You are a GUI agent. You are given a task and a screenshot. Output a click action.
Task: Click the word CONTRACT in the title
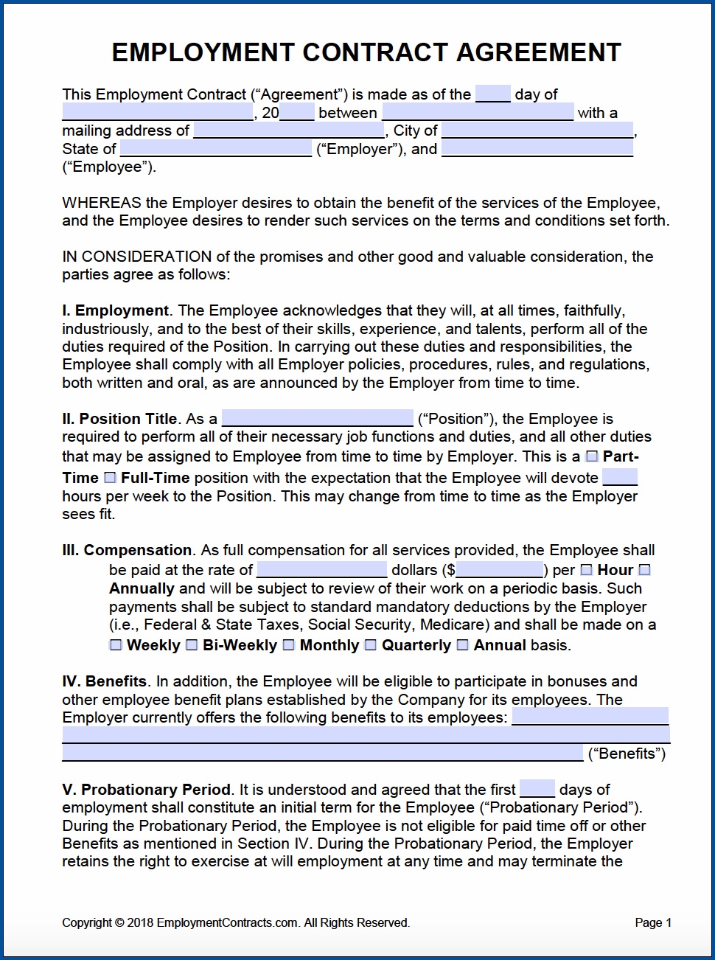[374, 52]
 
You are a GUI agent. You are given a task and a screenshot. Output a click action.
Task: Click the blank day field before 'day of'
[492, 94]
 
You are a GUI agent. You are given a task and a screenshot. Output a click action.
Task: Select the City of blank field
[537, 131]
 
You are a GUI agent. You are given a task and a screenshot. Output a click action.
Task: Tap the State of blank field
[215, 149]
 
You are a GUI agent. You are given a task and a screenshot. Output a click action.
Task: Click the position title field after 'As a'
[317, 419]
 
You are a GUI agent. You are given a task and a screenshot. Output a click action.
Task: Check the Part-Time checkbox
[592, 456]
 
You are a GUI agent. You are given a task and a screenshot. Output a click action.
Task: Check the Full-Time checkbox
[110, 478]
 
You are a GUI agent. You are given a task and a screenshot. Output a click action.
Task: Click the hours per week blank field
[624, 477]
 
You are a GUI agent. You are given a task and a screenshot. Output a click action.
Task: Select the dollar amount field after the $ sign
[499, 570]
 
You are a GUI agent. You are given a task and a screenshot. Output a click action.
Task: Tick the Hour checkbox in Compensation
[587, 570]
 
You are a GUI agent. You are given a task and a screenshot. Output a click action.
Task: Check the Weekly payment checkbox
[116, 645]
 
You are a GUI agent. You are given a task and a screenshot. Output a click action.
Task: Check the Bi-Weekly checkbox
[192, 645]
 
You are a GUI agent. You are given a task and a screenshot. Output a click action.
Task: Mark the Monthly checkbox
[289, 645]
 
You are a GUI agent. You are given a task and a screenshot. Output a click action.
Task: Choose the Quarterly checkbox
[371, 645]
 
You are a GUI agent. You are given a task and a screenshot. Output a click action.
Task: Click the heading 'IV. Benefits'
[105, 681]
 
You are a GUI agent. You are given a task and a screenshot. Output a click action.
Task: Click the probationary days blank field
[537, 789]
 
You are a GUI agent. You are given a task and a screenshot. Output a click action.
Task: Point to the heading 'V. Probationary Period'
[147, 790]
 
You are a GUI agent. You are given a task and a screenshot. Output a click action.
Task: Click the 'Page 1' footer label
[652, 922]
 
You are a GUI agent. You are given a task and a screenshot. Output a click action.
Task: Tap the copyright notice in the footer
[235, 922]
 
